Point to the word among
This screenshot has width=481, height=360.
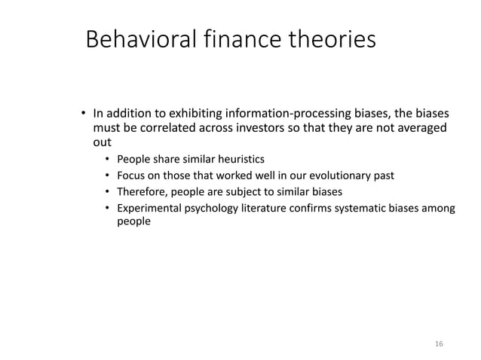(438, 208)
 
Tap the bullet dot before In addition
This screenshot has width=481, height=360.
(84, 114)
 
